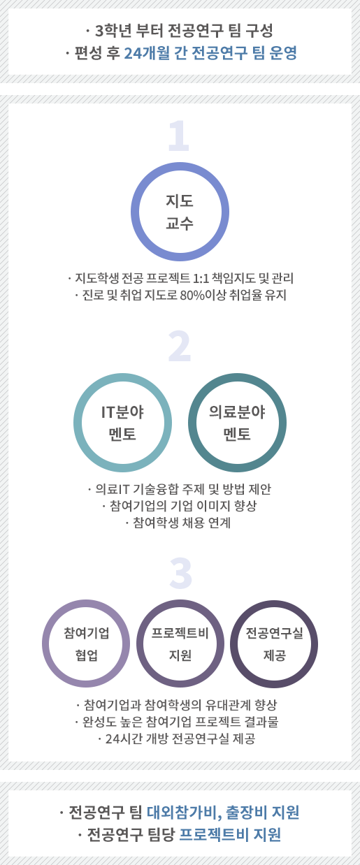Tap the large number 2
pos(180,346)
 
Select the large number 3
pos(180,573)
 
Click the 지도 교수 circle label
pos(180,212)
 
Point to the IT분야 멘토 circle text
pos(122,423)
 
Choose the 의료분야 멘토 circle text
pos(237,423)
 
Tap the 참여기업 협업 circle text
pos(87,644)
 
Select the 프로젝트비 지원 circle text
pos(180,644)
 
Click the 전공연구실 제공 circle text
pos(275,644)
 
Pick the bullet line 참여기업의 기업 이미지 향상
pos(180,505)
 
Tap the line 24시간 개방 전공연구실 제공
pos(177,739)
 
